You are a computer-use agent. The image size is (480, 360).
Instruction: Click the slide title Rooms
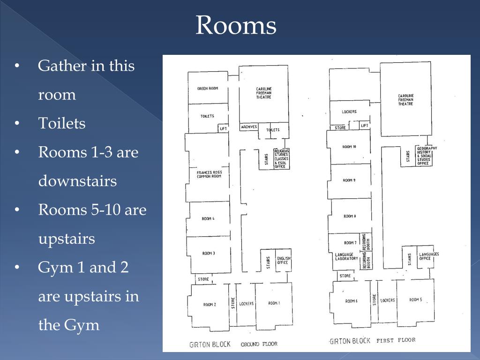tap(236, 25)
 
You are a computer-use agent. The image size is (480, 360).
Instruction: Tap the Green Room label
tap(208, 89)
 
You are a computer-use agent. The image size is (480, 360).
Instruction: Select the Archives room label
tap(249, 127)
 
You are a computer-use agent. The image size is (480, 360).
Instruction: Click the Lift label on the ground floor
tap(224, 128)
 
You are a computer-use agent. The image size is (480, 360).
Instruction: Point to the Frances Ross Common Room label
tap(210, 174)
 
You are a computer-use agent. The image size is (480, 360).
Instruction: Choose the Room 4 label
tap(208, 218)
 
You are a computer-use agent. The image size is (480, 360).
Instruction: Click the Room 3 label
tap(209, 253)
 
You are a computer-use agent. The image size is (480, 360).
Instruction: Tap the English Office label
tap(284, 260)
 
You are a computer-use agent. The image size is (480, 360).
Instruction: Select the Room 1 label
tap(274, 303)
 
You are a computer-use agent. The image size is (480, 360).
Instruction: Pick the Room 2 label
tap(210, 304)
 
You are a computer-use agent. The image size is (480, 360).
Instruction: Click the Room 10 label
tap(349, 147)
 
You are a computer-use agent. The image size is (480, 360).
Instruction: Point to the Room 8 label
tap(350, 216)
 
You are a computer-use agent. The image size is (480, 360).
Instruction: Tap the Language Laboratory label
tap(346, 256)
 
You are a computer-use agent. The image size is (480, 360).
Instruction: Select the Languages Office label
tap(429, 256)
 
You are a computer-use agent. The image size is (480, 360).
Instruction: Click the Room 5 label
tap(415, 300)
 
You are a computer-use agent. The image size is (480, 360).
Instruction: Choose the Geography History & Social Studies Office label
tap(427, 156)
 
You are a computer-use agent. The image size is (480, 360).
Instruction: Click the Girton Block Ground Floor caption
tap(233, 345)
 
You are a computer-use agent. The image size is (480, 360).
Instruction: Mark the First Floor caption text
tap(396, 340)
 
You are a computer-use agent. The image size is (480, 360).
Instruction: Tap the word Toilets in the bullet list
tap(61, 123)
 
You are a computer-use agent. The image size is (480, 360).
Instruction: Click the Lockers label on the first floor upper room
tap(349, 112)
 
